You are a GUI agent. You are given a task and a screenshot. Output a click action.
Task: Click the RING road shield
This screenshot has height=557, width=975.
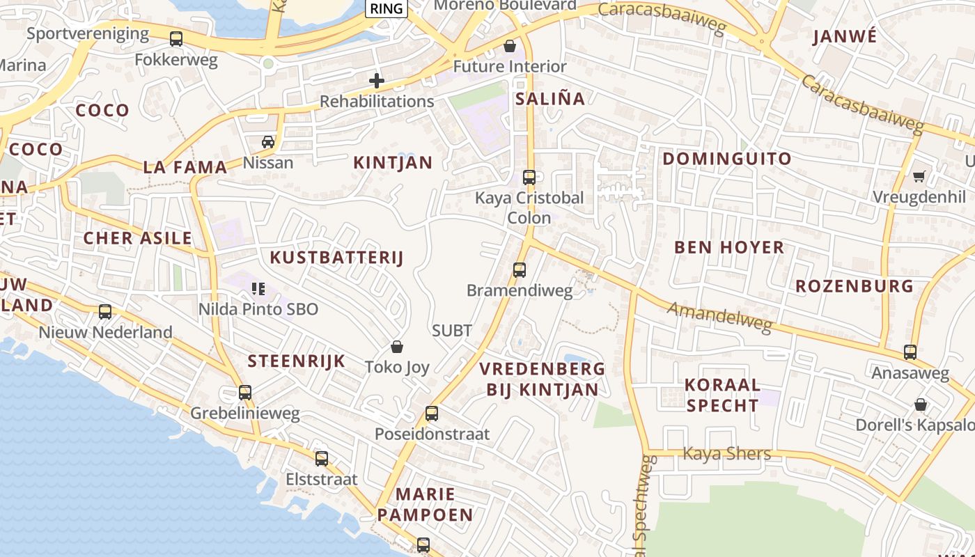tap(387, 8)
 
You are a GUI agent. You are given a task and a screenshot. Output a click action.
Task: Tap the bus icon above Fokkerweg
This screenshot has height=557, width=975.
tap(176, 39)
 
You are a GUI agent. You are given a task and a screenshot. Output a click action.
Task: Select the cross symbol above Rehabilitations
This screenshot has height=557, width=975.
tap(377, 81)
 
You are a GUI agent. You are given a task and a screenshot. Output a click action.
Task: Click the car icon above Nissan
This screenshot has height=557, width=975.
tap(268, 142)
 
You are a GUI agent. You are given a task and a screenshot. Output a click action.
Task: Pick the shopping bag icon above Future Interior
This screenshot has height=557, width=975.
tap(510, 47)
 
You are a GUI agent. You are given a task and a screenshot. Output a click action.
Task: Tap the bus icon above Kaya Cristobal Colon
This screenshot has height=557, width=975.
tap(529, 178)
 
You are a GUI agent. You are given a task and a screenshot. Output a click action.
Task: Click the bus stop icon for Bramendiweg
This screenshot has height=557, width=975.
tap(520, 269)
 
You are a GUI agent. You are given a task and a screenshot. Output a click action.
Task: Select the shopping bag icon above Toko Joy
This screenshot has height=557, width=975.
tap(397, 346)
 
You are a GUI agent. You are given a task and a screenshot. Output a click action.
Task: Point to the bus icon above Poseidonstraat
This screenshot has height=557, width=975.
tap(432, 414)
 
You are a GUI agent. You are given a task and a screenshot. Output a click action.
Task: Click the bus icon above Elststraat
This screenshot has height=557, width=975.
tap(322, 459)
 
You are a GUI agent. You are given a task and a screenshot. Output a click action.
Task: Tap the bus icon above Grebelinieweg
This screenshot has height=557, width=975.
tap(245, 393)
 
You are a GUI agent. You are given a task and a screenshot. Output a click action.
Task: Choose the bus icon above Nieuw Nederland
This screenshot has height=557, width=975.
tap(105, 311)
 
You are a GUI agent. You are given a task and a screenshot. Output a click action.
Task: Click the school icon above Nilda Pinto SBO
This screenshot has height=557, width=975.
tap(258, 288)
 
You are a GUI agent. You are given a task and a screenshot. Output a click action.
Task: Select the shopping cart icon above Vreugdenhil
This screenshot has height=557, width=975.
tap(919, 176)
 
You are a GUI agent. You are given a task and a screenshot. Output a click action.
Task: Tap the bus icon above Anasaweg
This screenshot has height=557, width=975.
tap(910, 352)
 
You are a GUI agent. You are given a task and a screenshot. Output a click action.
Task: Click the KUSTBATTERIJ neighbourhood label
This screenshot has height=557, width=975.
tap(336, 258)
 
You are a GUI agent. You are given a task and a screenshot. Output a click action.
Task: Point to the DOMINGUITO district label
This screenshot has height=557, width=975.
tap(727, 159)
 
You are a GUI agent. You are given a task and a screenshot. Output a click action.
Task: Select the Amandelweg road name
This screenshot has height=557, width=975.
tap(720, 317)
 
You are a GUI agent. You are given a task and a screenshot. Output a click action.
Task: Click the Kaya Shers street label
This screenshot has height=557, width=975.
tap(726, 454)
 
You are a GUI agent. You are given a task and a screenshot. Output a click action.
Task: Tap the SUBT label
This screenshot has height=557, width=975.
tap(452, 331)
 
